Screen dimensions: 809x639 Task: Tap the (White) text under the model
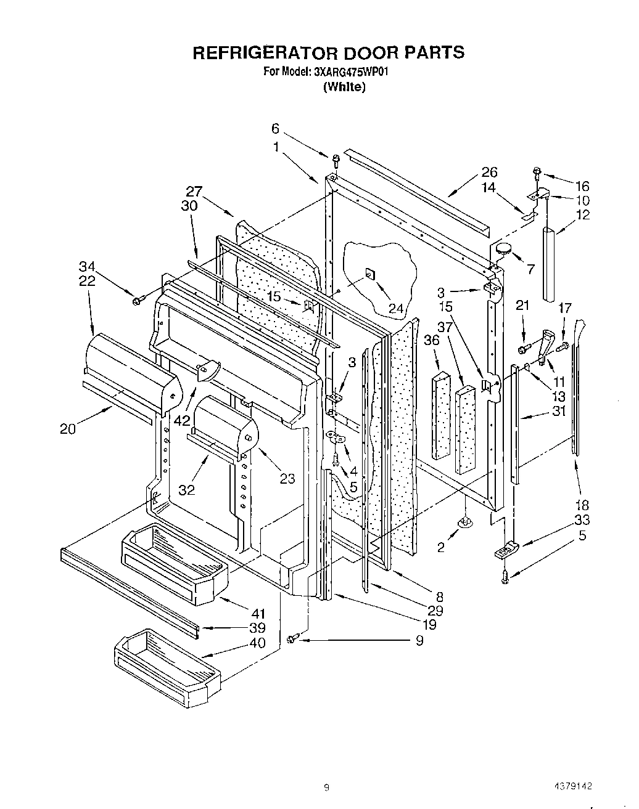[344, 87]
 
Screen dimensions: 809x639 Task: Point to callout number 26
[489, 173]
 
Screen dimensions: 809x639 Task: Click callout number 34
[87, 267]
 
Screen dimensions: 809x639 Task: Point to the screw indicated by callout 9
[292, 639]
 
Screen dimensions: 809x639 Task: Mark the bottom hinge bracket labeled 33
[505, 550]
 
